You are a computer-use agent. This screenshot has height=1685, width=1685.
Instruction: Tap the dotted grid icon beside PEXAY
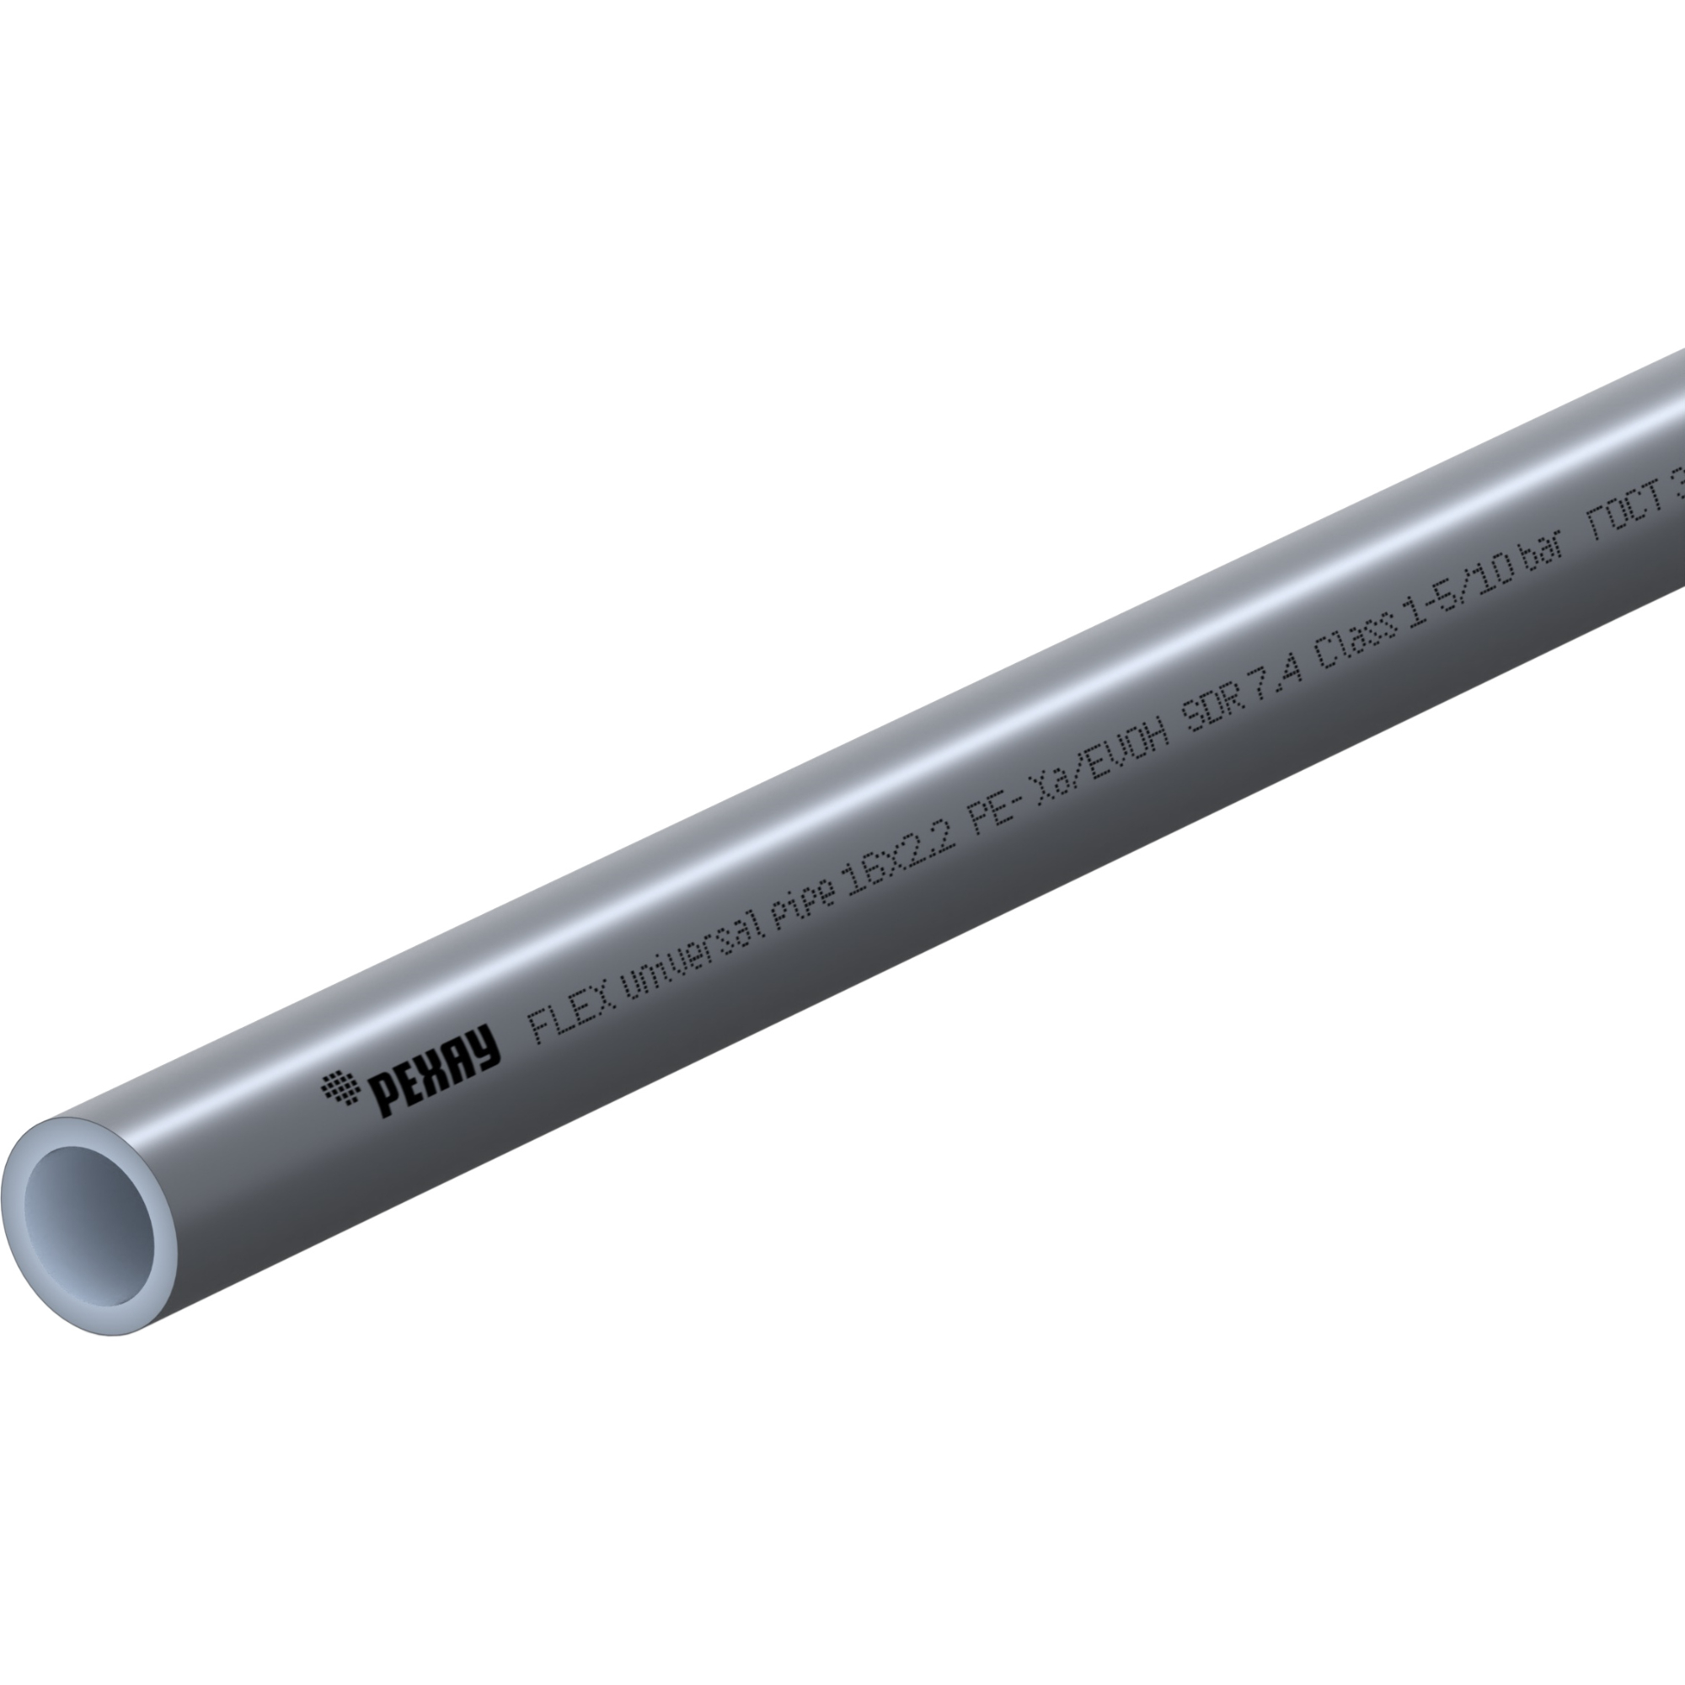(340, 1089)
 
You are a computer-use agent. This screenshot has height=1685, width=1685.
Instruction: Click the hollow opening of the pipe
(90, 1224)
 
